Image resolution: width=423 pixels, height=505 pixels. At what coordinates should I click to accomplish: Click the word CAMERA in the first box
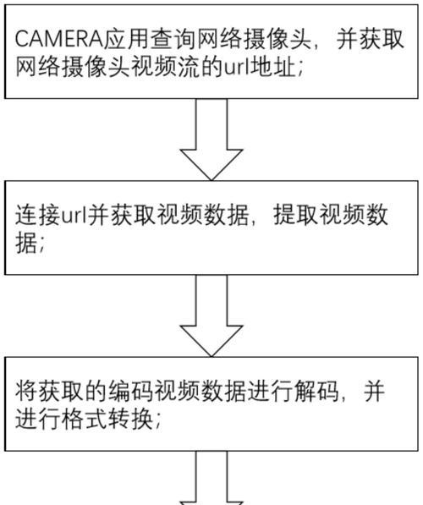coord(58,39)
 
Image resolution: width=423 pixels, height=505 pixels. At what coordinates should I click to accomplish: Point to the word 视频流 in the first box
coord(167,68)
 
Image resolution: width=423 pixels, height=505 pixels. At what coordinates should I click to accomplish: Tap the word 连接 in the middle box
coord(38,215)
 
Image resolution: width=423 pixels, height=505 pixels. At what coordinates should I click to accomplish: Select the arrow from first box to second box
coord(211,139)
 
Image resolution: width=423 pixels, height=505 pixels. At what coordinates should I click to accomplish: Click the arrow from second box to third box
coord(211,316)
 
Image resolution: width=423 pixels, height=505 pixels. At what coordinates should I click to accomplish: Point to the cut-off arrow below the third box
coord(211,478)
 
